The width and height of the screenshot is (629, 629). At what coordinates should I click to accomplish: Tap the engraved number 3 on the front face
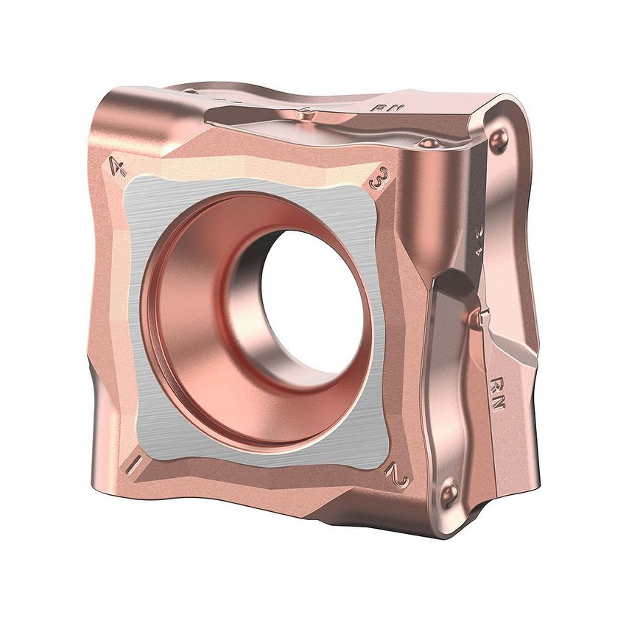pyautogui.click(x=379, y=178)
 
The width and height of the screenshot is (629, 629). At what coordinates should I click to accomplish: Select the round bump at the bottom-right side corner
pyautogui.click(x=449, y=493)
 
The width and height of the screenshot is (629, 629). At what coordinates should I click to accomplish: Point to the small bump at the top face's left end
pyautogui.click(x=190, y=91)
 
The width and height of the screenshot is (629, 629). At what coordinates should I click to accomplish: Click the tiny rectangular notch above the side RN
pyautogui.click(x=479, y=317)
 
